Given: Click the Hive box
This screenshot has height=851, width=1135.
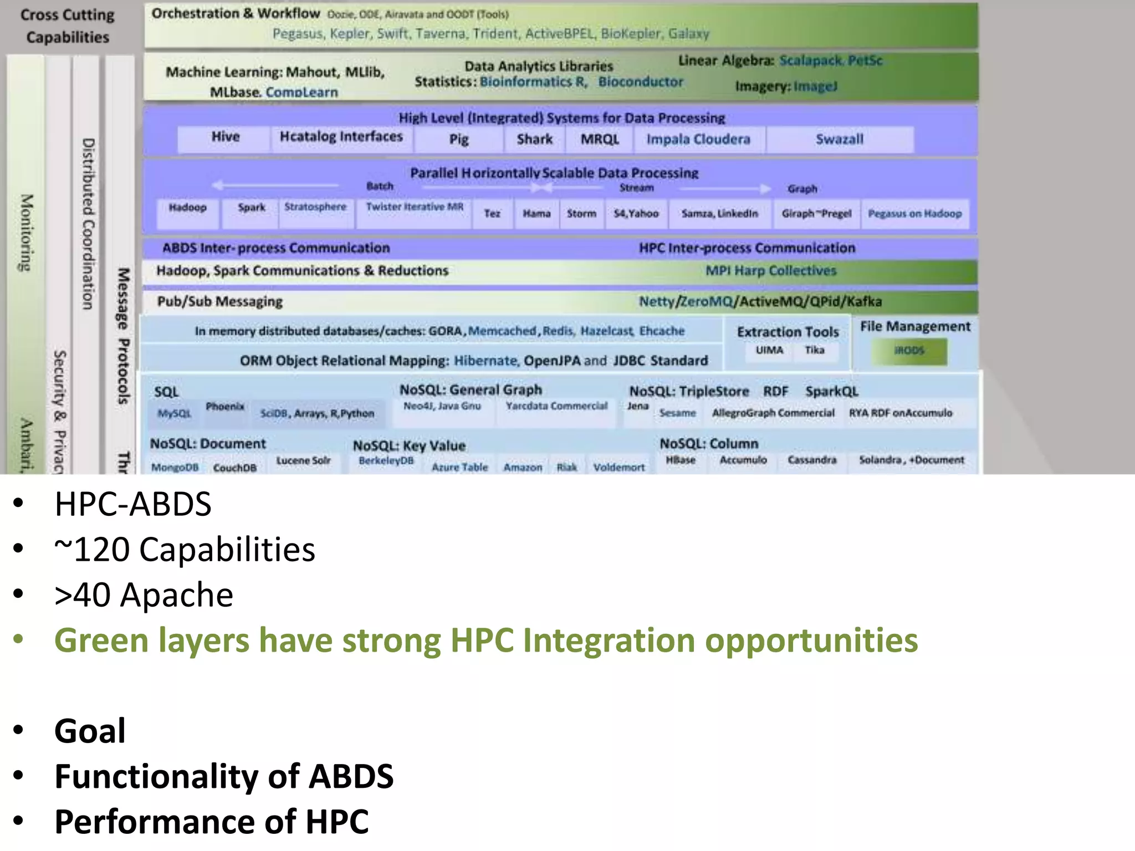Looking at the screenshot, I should coord(225,138).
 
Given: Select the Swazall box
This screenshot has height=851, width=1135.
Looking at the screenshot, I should coord(839,139).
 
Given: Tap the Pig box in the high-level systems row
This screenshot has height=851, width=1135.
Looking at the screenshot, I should coord(458,139).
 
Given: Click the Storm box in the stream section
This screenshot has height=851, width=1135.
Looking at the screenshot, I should coord(581,214).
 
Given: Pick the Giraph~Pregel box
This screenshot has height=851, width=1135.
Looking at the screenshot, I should coord(816,214).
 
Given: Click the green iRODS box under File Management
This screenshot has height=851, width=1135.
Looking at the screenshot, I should coord(909,351).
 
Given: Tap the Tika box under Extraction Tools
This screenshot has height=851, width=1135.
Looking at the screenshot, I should coord(814,350).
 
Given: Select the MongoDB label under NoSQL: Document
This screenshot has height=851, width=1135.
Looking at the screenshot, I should coord(175,467).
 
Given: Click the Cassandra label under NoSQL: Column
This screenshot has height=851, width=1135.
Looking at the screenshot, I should coord(812,460).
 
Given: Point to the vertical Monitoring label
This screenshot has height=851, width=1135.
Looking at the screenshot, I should coord(25,233).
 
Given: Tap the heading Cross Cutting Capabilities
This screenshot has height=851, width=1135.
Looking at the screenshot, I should coord(68,25).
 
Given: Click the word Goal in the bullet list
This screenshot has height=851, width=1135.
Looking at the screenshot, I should coord(90,731).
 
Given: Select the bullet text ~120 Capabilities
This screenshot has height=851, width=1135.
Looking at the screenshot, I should coord(185,550).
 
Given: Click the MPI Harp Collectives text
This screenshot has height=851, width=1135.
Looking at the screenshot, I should coord(770,271).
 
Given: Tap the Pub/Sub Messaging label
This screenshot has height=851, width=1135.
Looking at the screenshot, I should coord(219,301).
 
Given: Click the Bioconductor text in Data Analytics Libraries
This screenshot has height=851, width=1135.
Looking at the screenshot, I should coord(640,82).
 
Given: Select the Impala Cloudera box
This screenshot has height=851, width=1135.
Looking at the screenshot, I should coord(698,139).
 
